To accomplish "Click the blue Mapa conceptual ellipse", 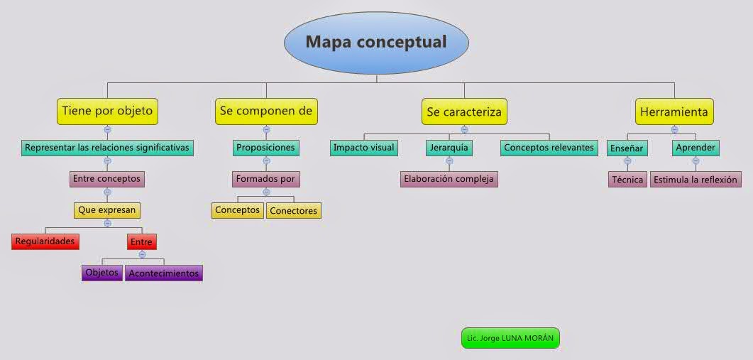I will click(376, 42).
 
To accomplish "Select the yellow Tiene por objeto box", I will click(107, 111).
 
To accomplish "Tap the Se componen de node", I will click(266, 111).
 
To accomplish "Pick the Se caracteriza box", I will click(464, 111).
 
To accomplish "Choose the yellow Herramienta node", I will click(674, 111).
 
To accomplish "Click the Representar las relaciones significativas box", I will click(107, 148).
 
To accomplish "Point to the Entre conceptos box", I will click(107, 179).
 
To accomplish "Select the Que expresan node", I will click(107, 210).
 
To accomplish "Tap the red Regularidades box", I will click(45, 241).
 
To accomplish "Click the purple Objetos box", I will click(102, 273).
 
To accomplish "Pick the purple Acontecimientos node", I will click(164, 273).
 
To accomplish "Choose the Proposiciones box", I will click(266, 148).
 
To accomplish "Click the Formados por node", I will click(266, 179).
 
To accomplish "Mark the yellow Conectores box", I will click(294, 210).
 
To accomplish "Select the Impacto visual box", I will click(364, 148).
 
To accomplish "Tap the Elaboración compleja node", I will click(449, 179).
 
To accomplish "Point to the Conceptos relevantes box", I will click(549, 148).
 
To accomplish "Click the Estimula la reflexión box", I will click(696, 179).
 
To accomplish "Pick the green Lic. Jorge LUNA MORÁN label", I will click(510, 338).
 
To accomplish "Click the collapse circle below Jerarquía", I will click(449, 160).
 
